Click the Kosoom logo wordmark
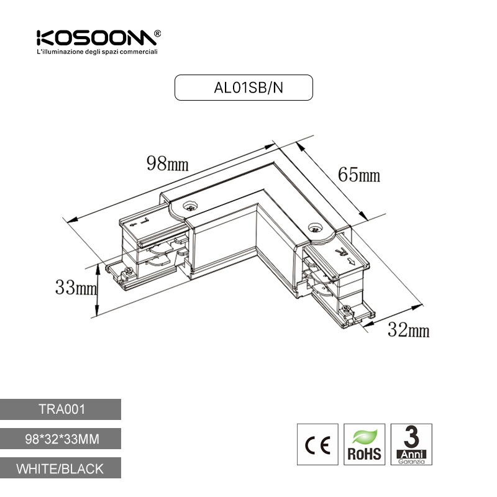click(x=96, y=38)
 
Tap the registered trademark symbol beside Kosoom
click(x=157, y=34)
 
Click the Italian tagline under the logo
click(x=98, y=52)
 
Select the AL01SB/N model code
click(x=248, y=88)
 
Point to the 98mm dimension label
click(x=167, y=164)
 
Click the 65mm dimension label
click(x=359, y=175)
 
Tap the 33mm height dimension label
click(x=76, y=288)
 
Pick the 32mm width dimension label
click(x=409, y=330)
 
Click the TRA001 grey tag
click(x=60, y=409)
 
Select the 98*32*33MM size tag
click(x=60, y=439)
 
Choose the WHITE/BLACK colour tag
click(x=60, y=468)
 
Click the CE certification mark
click(x=317, y=444)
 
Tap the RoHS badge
click(x=365, y=444)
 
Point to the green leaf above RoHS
click(x=365, y=437)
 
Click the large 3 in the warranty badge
click(x=411, y=437)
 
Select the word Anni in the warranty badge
click(x=411, y=454)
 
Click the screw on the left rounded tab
click(x=190, y=207)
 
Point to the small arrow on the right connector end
click(x=351, y=261)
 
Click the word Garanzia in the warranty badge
click(x=411, y=462)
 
